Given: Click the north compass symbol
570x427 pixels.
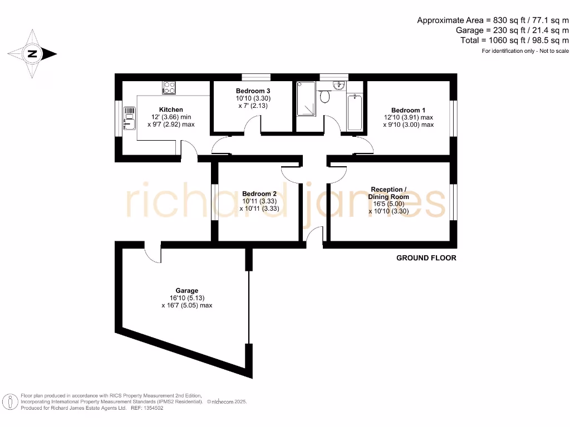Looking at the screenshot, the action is (32, 54).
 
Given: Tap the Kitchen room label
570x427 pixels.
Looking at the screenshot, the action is (171, 110).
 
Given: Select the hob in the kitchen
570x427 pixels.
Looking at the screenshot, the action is (169, 88).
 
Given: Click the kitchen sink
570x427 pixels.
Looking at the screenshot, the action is (129, 118).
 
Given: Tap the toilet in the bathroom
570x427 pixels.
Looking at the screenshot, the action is (326, 96).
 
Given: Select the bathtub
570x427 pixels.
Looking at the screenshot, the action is (355, 112).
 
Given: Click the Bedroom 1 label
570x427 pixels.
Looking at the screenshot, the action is (408, 110).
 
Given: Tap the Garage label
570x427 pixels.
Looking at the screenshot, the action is (187, 290).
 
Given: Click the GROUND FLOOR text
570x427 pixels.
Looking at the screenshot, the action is (426, 258).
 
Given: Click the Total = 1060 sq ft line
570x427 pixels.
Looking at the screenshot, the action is (514, 40).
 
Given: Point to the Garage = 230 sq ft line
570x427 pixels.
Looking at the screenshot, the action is (512, 30).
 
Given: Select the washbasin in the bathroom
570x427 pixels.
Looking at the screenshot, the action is (338, 85).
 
